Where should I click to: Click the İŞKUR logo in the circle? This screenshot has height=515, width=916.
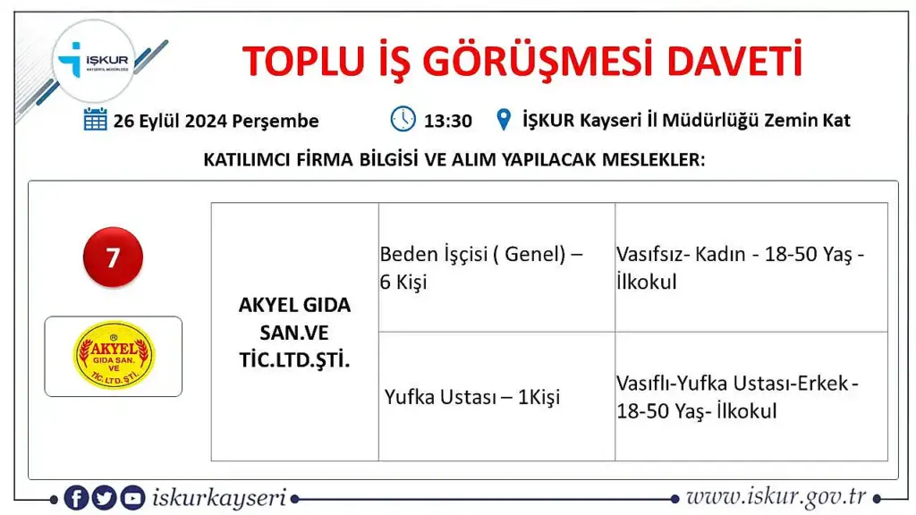click(93, 61)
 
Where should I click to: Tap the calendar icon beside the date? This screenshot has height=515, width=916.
click(95, 120)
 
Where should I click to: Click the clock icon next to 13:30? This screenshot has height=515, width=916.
click(403, 119)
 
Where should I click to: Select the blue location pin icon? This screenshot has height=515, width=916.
click(504, 120)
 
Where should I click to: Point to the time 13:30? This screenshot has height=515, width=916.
click(448, 121)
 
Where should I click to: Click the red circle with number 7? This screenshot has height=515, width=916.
click(113, 257)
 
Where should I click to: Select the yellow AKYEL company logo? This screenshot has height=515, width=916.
click(114, 355)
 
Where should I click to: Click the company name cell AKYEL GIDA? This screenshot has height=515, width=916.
click(295, 333)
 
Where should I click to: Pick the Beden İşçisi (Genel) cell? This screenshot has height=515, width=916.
click(496, 267)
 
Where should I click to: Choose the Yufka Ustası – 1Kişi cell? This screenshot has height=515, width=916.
click(496, 396)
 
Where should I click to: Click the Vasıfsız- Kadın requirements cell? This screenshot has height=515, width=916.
click(751, 267)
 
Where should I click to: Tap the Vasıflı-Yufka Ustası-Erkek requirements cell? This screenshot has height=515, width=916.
click(751, 396)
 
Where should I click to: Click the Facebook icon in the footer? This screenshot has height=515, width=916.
click(76, 497)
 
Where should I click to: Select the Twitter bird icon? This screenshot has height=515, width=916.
click(104, 497)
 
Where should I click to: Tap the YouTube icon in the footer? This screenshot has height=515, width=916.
click(132, 497)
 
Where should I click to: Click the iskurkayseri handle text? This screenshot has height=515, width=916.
click(219, 498)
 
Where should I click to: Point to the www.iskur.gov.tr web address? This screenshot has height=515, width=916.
click(776, 497)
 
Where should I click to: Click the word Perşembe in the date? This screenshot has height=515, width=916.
click(276, 122)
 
